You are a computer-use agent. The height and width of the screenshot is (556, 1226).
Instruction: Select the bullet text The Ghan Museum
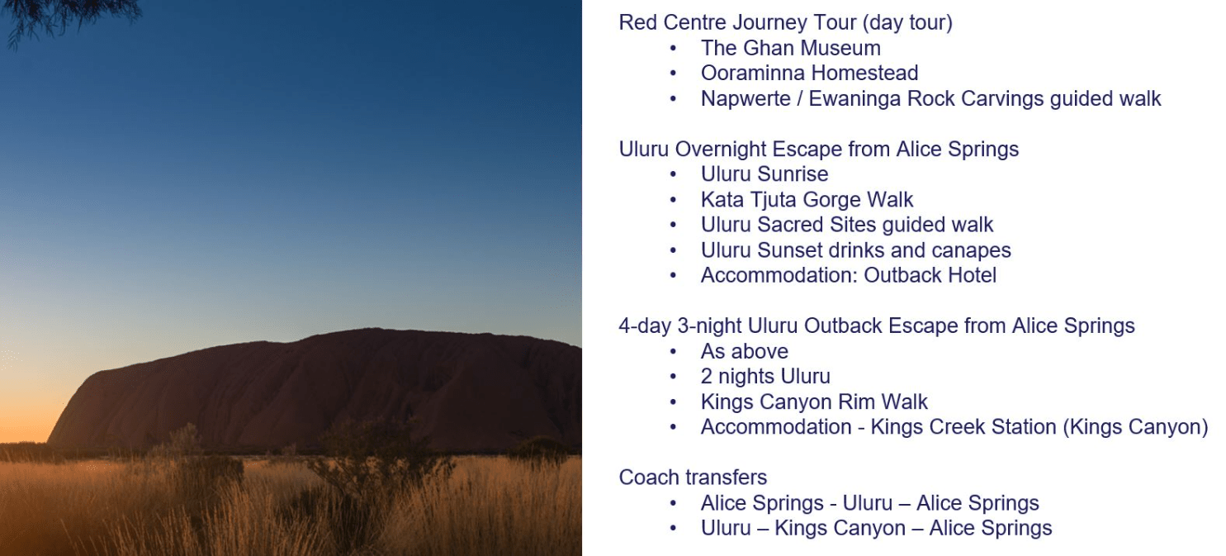790,48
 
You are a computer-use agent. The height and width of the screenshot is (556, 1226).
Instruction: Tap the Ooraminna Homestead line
809,74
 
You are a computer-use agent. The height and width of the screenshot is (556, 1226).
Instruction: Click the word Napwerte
746,99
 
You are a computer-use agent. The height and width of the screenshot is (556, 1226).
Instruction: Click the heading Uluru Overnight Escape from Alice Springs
819,150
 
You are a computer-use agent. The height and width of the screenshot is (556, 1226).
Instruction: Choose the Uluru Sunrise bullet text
764,175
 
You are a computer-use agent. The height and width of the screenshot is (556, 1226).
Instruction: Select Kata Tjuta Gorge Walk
807,200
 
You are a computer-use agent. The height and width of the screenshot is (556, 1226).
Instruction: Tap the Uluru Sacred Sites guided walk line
847,226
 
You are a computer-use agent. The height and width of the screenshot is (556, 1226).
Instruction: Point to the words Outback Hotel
930,276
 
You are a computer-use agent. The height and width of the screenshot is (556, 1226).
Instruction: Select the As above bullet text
745,352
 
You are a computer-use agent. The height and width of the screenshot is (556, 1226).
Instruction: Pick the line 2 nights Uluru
765,377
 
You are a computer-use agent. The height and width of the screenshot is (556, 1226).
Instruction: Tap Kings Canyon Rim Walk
814,402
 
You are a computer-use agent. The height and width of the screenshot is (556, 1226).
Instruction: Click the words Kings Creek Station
963,427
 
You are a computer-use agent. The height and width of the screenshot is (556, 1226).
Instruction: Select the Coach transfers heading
693,478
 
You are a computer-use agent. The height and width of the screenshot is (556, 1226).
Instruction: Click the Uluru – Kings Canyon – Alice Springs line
876,529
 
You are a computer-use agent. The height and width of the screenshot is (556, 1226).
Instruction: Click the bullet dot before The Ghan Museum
673,49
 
